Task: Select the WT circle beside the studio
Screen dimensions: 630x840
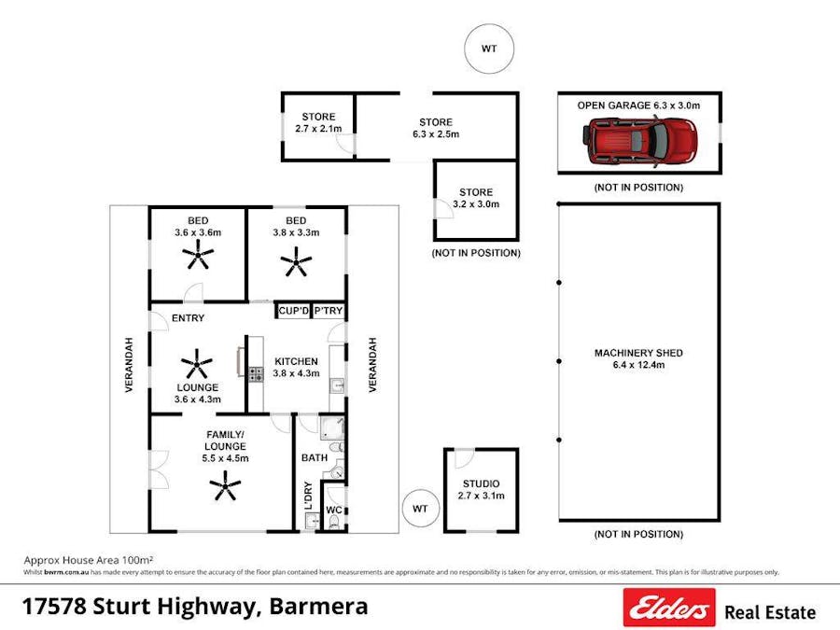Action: [420, 509]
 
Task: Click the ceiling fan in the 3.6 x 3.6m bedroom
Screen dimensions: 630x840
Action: [198, 253]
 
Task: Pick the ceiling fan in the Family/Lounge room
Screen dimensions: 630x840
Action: [224, 485]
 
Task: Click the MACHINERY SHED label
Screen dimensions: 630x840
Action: [638, 353]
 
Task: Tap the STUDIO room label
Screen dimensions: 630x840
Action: [482, 483]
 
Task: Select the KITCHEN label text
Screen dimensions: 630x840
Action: [296, 361]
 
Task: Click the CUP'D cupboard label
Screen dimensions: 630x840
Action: [292, 311]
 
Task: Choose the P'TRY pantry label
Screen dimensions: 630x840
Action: [328, 311]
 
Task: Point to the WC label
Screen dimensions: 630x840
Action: [333, 511]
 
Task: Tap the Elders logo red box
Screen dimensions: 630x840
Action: [669, 608]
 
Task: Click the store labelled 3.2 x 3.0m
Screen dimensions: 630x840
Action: [476, 198]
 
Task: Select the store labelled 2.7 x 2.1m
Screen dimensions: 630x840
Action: [318, 122]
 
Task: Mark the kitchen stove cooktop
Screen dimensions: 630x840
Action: [255, 374]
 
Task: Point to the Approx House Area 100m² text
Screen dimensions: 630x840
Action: [89, 560]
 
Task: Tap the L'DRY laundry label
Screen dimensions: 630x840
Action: [308, 495]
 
